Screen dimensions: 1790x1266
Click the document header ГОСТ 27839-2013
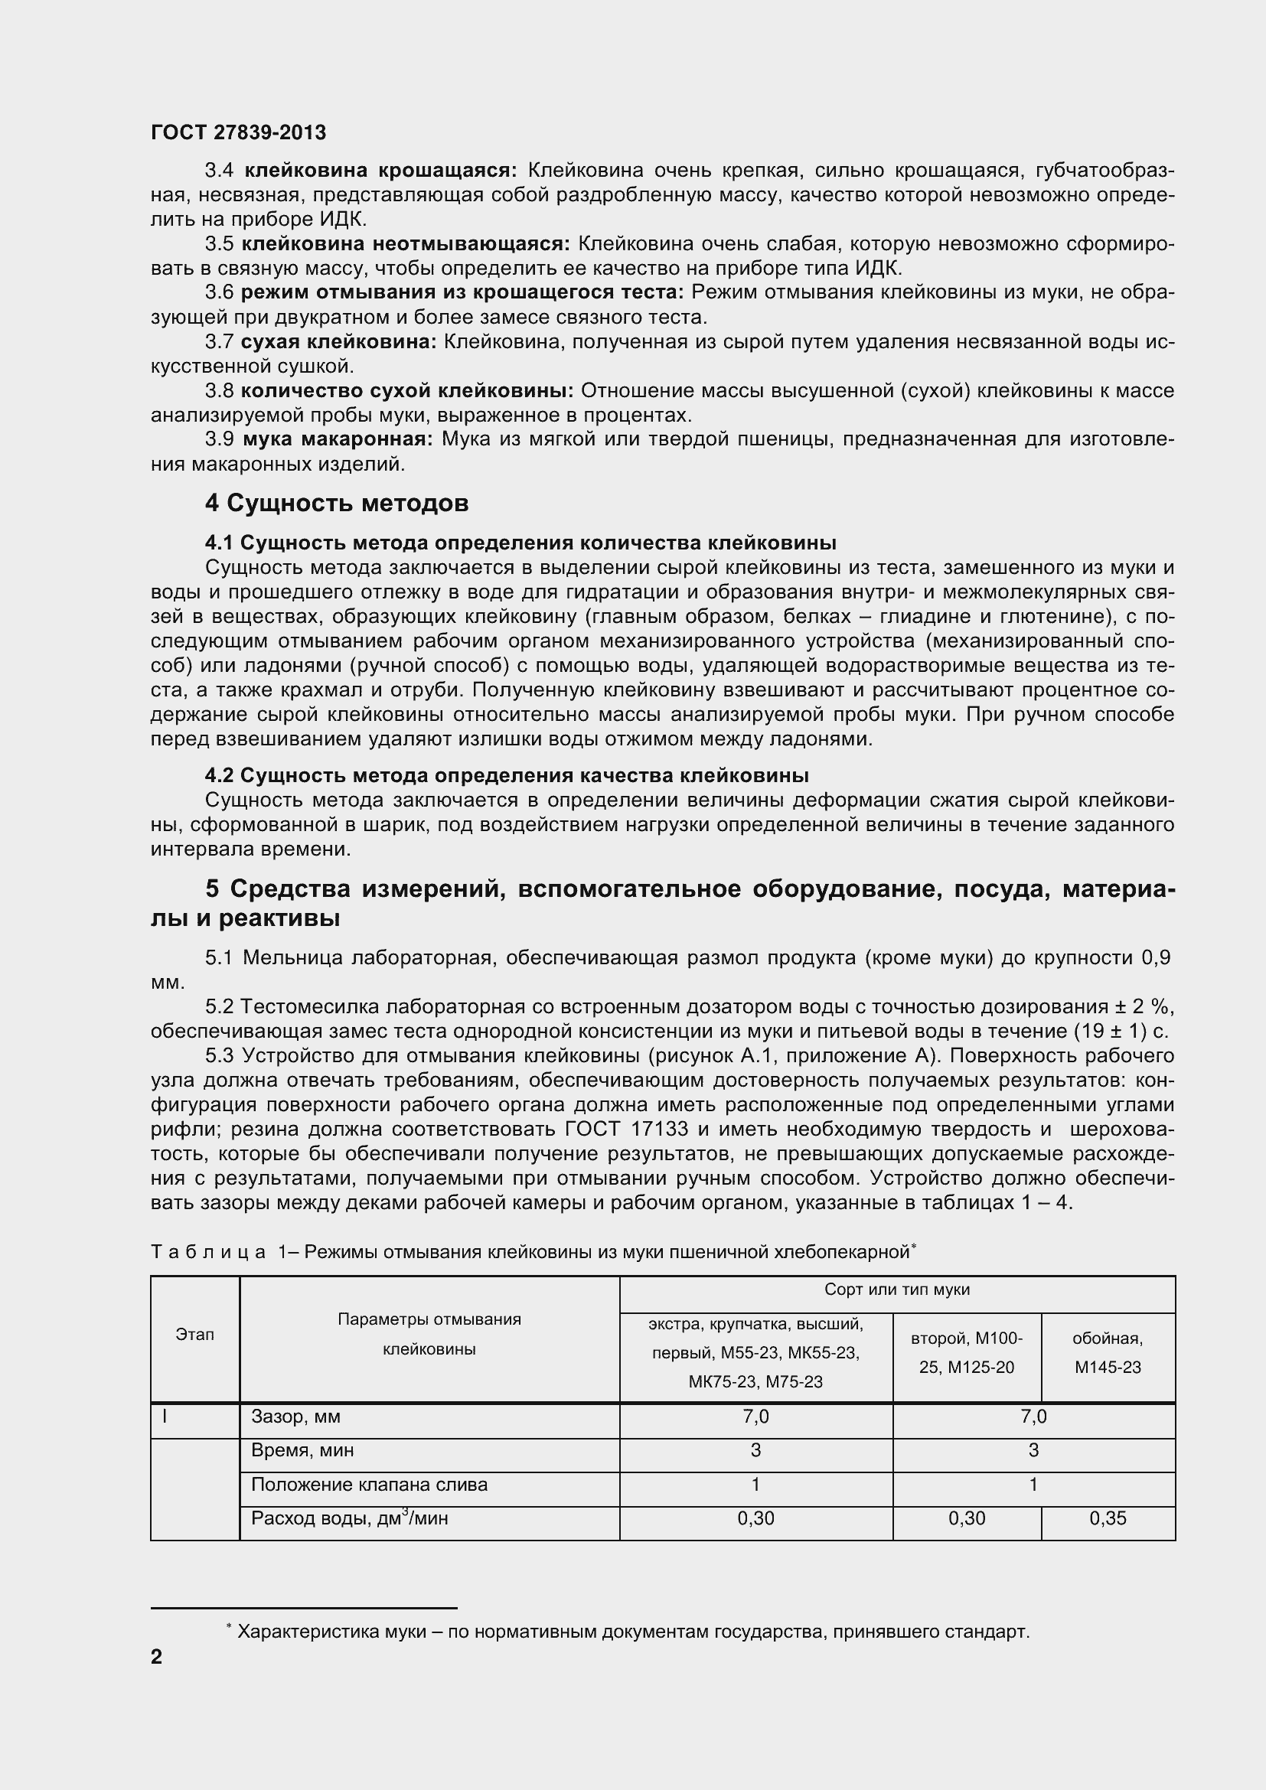click(239, 132)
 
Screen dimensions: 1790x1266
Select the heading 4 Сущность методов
click(337, 504)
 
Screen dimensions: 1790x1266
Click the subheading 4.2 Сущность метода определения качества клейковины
click(507, 776)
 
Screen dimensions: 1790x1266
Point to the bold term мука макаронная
click(338, 440)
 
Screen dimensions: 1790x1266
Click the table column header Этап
click(195, 1335)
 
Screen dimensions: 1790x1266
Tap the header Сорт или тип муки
click(896, 1290)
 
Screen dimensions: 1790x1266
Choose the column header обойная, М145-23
click(1107, 1352)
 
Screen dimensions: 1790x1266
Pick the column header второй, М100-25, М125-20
click(967, 1352)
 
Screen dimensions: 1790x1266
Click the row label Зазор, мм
click(295, 1417)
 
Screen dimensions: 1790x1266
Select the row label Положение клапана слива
click(369, 1485)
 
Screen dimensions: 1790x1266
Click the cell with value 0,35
click(1107, 1518)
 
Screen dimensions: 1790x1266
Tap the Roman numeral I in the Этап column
click(165, 1417)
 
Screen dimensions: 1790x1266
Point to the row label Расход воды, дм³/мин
click(348, 1518)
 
